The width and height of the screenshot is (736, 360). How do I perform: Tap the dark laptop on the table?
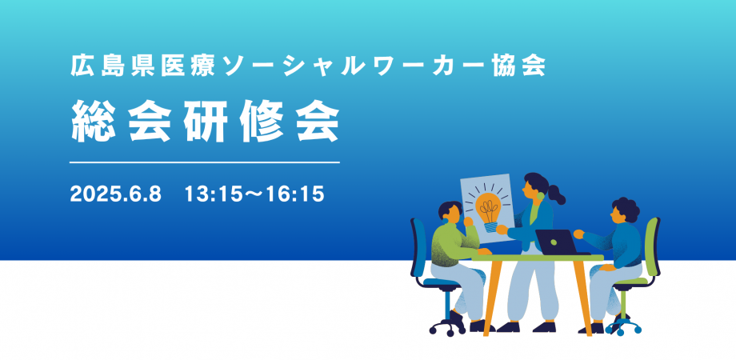(x=555, y=242)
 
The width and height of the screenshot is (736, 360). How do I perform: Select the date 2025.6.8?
(x=116, y=194)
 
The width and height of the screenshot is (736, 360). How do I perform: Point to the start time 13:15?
(x=210, y=194)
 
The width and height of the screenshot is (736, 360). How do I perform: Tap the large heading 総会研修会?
(x=205, y=124)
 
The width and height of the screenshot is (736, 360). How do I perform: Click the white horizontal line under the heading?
(x=205, y=162)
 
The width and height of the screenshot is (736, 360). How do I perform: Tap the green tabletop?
(x=537, y=257)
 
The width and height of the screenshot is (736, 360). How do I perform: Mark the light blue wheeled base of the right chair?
(x=622, y=323)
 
